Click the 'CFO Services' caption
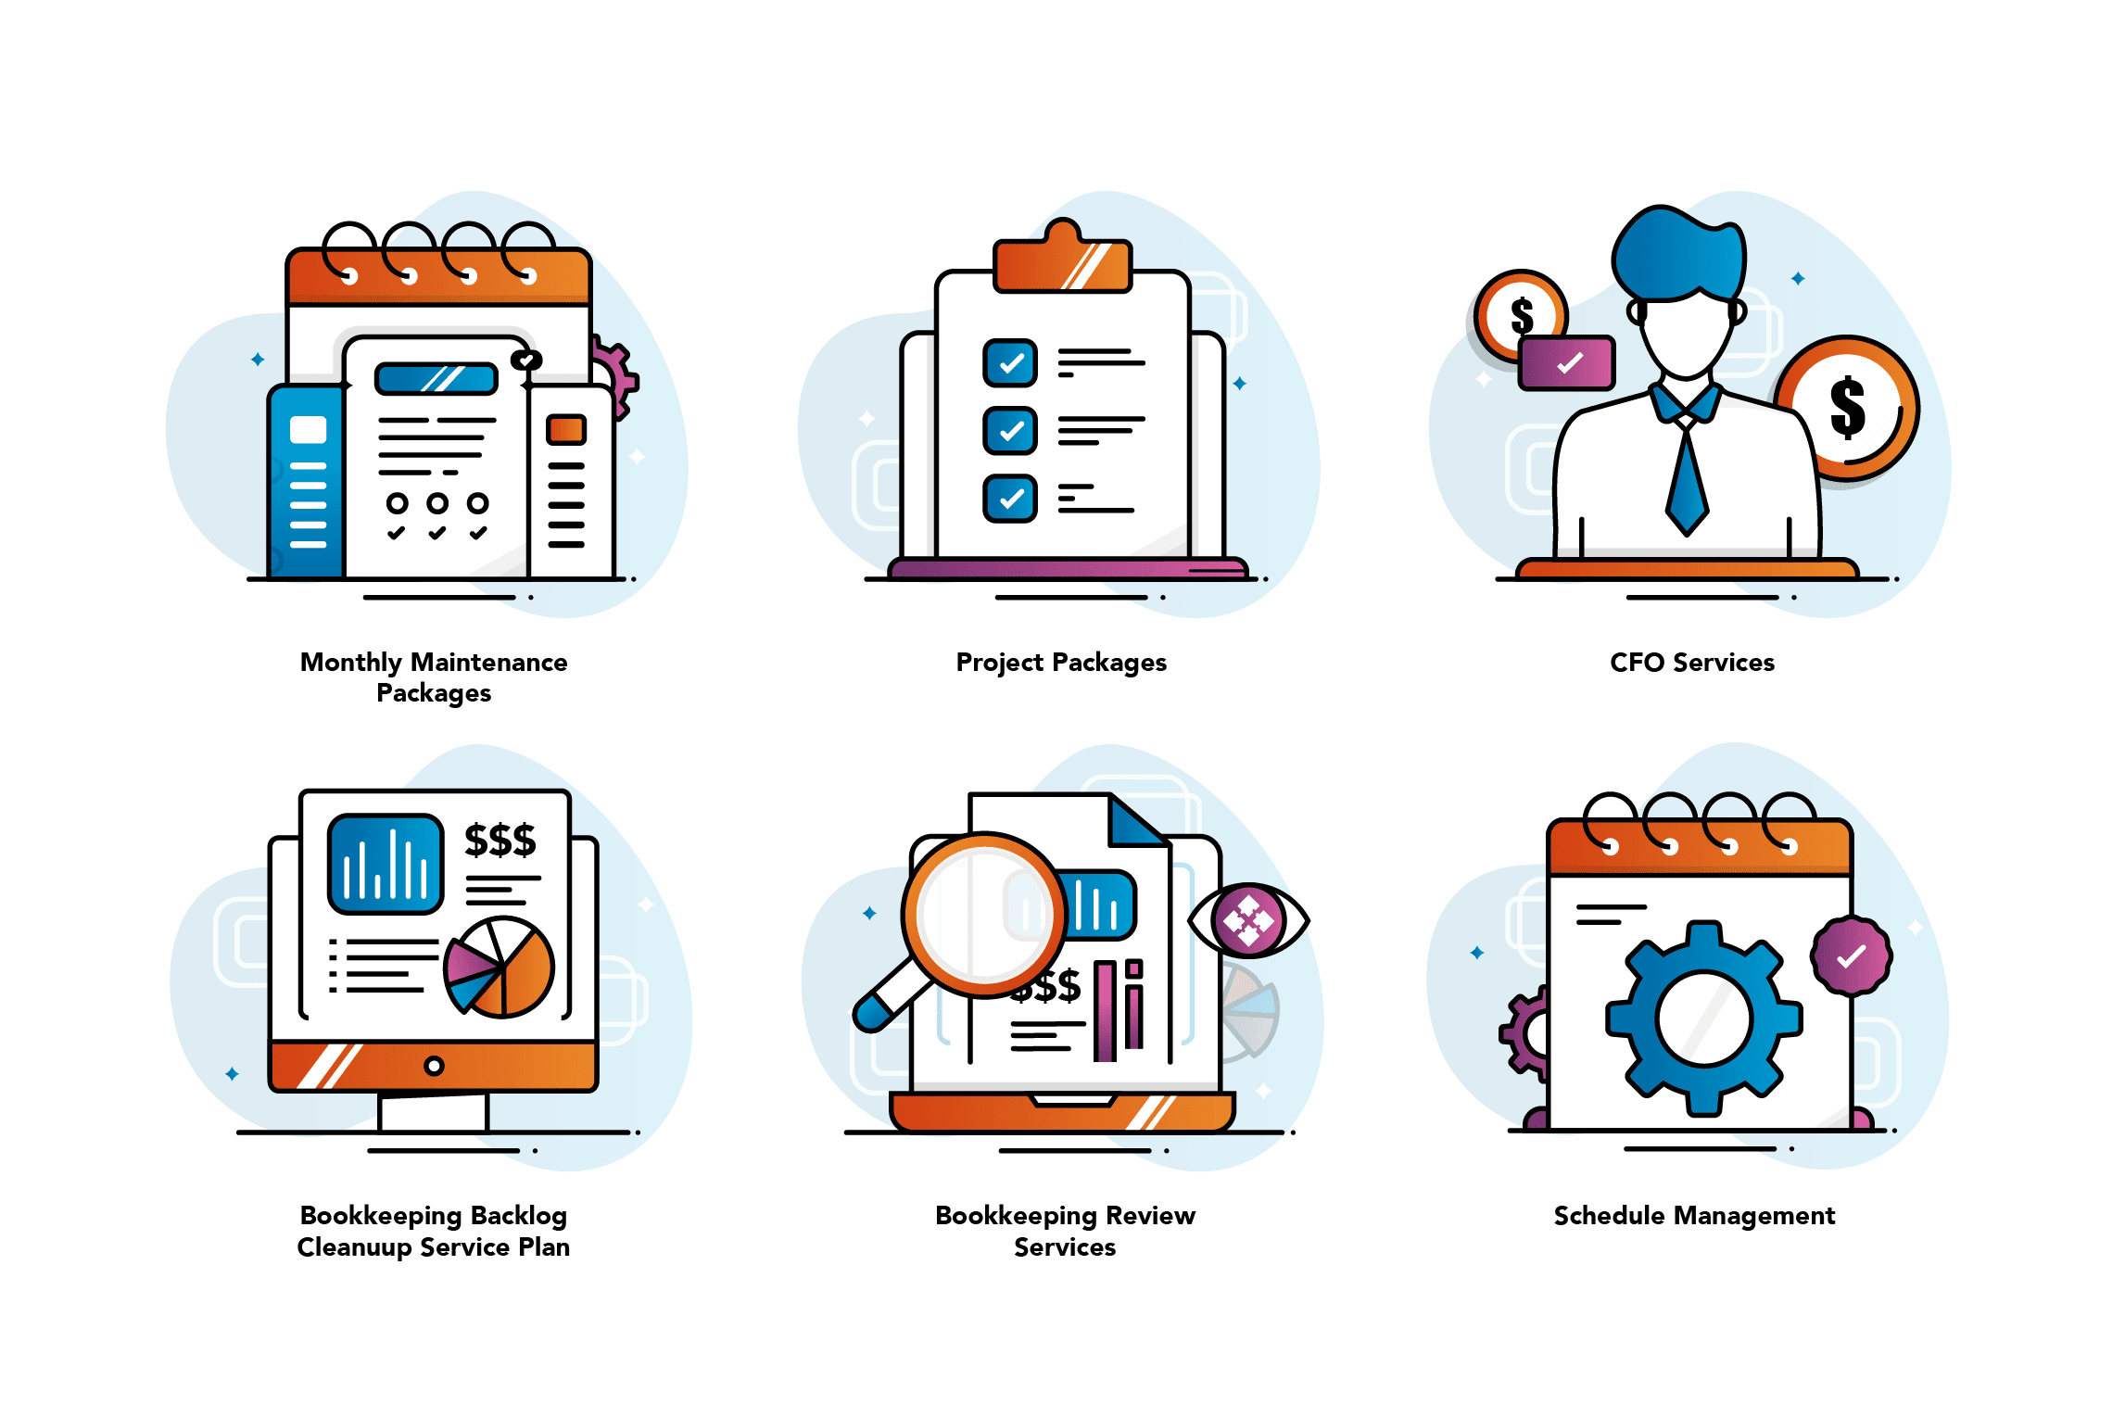(x=1691, y=663)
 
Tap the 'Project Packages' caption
(x=1061, y=663)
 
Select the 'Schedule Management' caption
(x=1694, y=1215)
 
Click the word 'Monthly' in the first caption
(x=351, y=663)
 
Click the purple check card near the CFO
(x=1567, y=363)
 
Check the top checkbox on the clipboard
(x=1010, y=362)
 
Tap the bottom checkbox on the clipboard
(x=1010, y=498)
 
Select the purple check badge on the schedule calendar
(x=1851, y=955)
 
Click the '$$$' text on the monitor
(x=500, y=840)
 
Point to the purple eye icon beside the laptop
(x=1248, y=920)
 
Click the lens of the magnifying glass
(x=983, y=914)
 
